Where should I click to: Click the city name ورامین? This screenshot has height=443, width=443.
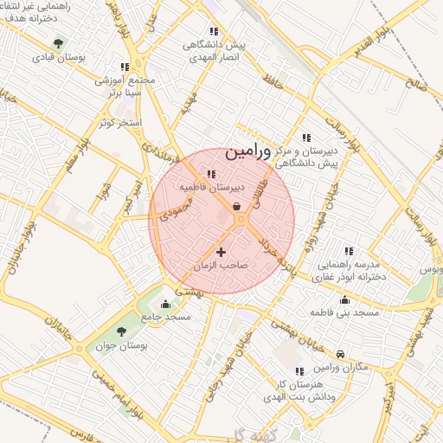248,152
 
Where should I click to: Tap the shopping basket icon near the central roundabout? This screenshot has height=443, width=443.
237,206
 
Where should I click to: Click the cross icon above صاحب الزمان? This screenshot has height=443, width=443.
221,252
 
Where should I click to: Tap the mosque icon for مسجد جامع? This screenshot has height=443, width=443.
166,303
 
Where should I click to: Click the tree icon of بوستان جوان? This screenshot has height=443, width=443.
120,331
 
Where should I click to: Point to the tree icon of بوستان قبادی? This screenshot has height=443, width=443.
58,42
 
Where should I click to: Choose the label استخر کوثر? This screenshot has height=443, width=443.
119,124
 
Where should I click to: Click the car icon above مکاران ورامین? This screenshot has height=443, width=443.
341,355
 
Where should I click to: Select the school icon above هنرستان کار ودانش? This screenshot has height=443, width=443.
299,370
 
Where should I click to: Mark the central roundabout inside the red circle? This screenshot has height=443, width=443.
241,221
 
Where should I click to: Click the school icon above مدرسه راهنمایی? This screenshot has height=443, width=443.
349,250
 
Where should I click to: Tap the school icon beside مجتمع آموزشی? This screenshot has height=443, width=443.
125,67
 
